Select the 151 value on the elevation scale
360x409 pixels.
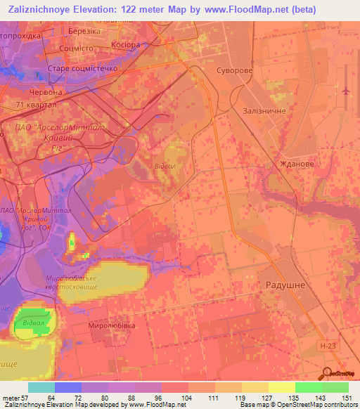click(349, 397)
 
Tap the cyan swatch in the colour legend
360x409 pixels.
click(41, 387)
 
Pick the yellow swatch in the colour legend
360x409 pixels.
click(282, 387)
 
